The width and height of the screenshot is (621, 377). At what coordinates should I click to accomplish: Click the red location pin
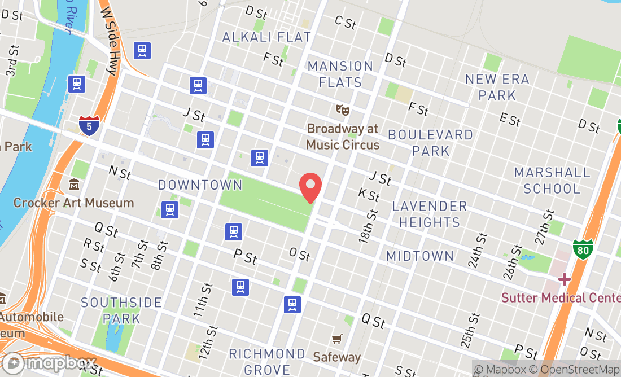pos(310,187)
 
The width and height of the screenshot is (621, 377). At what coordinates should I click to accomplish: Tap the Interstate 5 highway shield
pos(90,125)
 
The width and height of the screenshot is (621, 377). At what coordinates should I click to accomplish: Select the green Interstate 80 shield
pos(583,249)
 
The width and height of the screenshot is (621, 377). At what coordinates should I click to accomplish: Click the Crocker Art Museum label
pos(73,203)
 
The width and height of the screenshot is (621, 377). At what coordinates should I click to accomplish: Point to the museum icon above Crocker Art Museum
pos(74,185)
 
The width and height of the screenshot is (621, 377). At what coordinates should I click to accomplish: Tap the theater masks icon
pos(342,109)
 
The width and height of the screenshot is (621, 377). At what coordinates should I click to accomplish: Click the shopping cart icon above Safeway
pos(337,339)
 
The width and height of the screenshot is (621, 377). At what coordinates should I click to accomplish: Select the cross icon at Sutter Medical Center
pos(564,279)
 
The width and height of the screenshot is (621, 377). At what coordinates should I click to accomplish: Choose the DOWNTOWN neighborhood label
pos(200,185)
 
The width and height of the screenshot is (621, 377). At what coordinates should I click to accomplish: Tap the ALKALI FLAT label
pos(266,37)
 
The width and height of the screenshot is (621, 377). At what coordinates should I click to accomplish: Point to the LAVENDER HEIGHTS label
pos(430,214)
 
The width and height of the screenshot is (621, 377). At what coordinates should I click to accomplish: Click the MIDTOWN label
pos(420,256)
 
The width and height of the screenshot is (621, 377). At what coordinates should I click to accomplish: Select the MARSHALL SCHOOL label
pos(552,180)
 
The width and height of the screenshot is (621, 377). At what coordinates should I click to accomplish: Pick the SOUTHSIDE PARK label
pos(121,310)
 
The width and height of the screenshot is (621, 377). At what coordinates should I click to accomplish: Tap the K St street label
pos(369,195)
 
